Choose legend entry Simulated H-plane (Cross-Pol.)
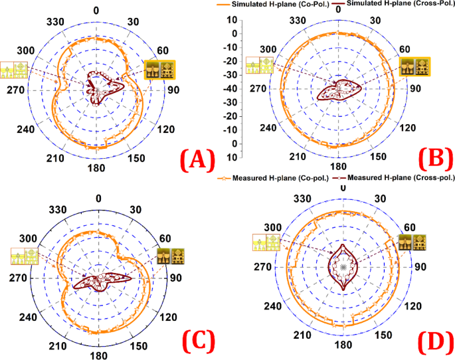tap(399, 5)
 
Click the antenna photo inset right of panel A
tap(161, 71)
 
